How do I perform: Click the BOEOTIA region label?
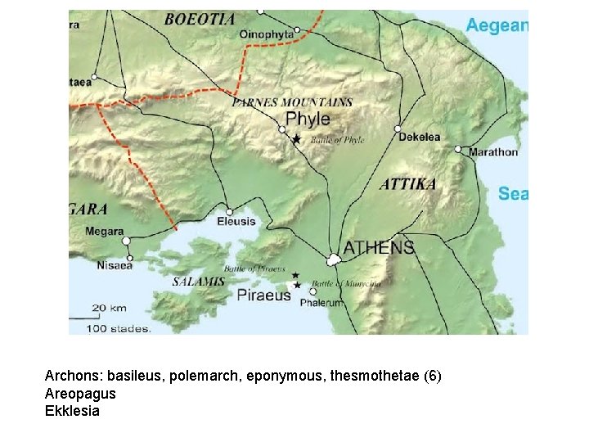(x=200, y=18)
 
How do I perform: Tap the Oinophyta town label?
(x=267, y=34)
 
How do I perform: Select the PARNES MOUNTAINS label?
(x=293, y=103)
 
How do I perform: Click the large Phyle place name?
(x=308, y=119)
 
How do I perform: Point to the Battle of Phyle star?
(x=296, y=140)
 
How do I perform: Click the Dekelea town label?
(x=420, y=137)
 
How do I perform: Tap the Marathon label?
(x=492, y=151)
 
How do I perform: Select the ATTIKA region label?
(x=408, y=184)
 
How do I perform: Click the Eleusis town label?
(x=236, y=221)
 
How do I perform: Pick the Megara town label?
(x=105, y=232)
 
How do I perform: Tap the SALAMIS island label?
(x=198, y=282)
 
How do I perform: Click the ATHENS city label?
(x=379, y=247)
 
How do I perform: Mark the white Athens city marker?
(x=334, y=260)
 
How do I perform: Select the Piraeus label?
(x=264, y=295)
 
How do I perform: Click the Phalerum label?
(x=321, y=303)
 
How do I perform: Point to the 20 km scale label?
(x=109, y=308)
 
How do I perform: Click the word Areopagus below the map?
(x=80, y=393)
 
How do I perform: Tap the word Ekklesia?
(x=72, y=411)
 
